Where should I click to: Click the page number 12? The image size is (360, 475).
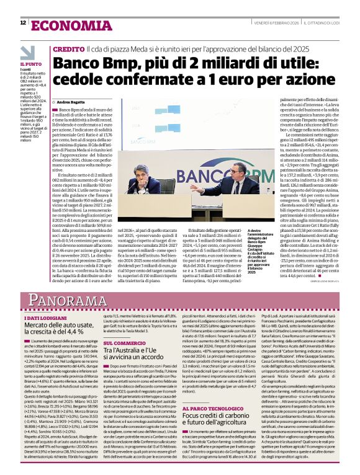coord(22,23)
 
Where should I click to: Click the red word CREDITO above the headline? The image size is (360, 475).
coord(68,48)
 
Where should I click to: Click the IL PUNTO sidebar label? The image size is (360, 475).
coord(30,64)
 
